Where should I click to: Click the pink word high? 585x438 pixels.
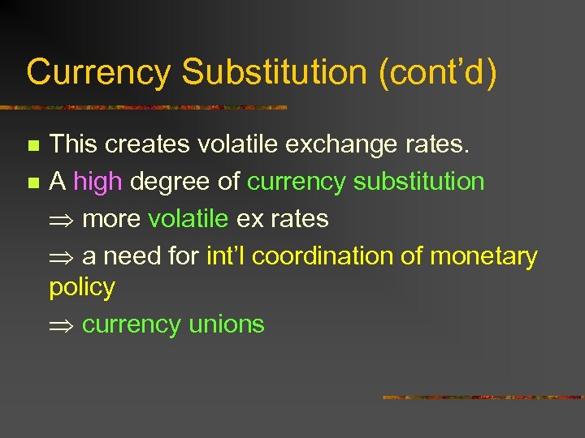tap(97, 182)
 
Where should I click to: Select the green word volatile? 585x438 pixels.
tap(188, 219)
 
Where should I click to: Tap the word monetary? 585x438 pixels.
tap(483, 256)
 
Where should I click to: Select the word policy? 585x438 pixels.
tap(82, 287)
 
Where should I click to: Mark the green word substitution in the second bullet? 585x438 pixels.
tap(419, 182)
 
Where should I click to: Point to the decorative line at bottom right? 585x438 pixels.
tap(483, 397)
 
